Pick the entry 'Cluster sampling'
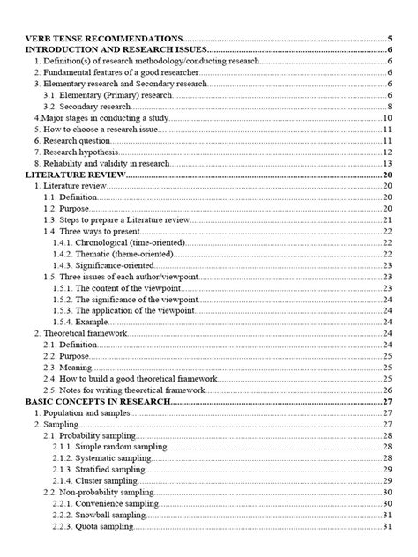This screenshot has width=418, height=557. coord(107,480)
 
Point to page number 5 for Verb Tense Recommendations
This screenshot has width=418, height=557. coord(389,38)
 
